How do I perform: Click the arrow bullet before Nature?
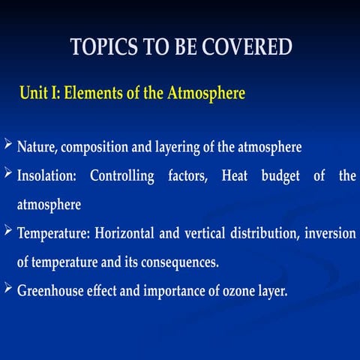click(8, 145)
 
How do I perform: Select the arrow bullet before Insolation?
click(8, 175)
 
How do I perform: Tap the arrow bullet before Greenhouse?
click(8, 289)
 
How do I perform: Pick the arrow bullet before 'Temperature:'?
click(8, 232)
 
